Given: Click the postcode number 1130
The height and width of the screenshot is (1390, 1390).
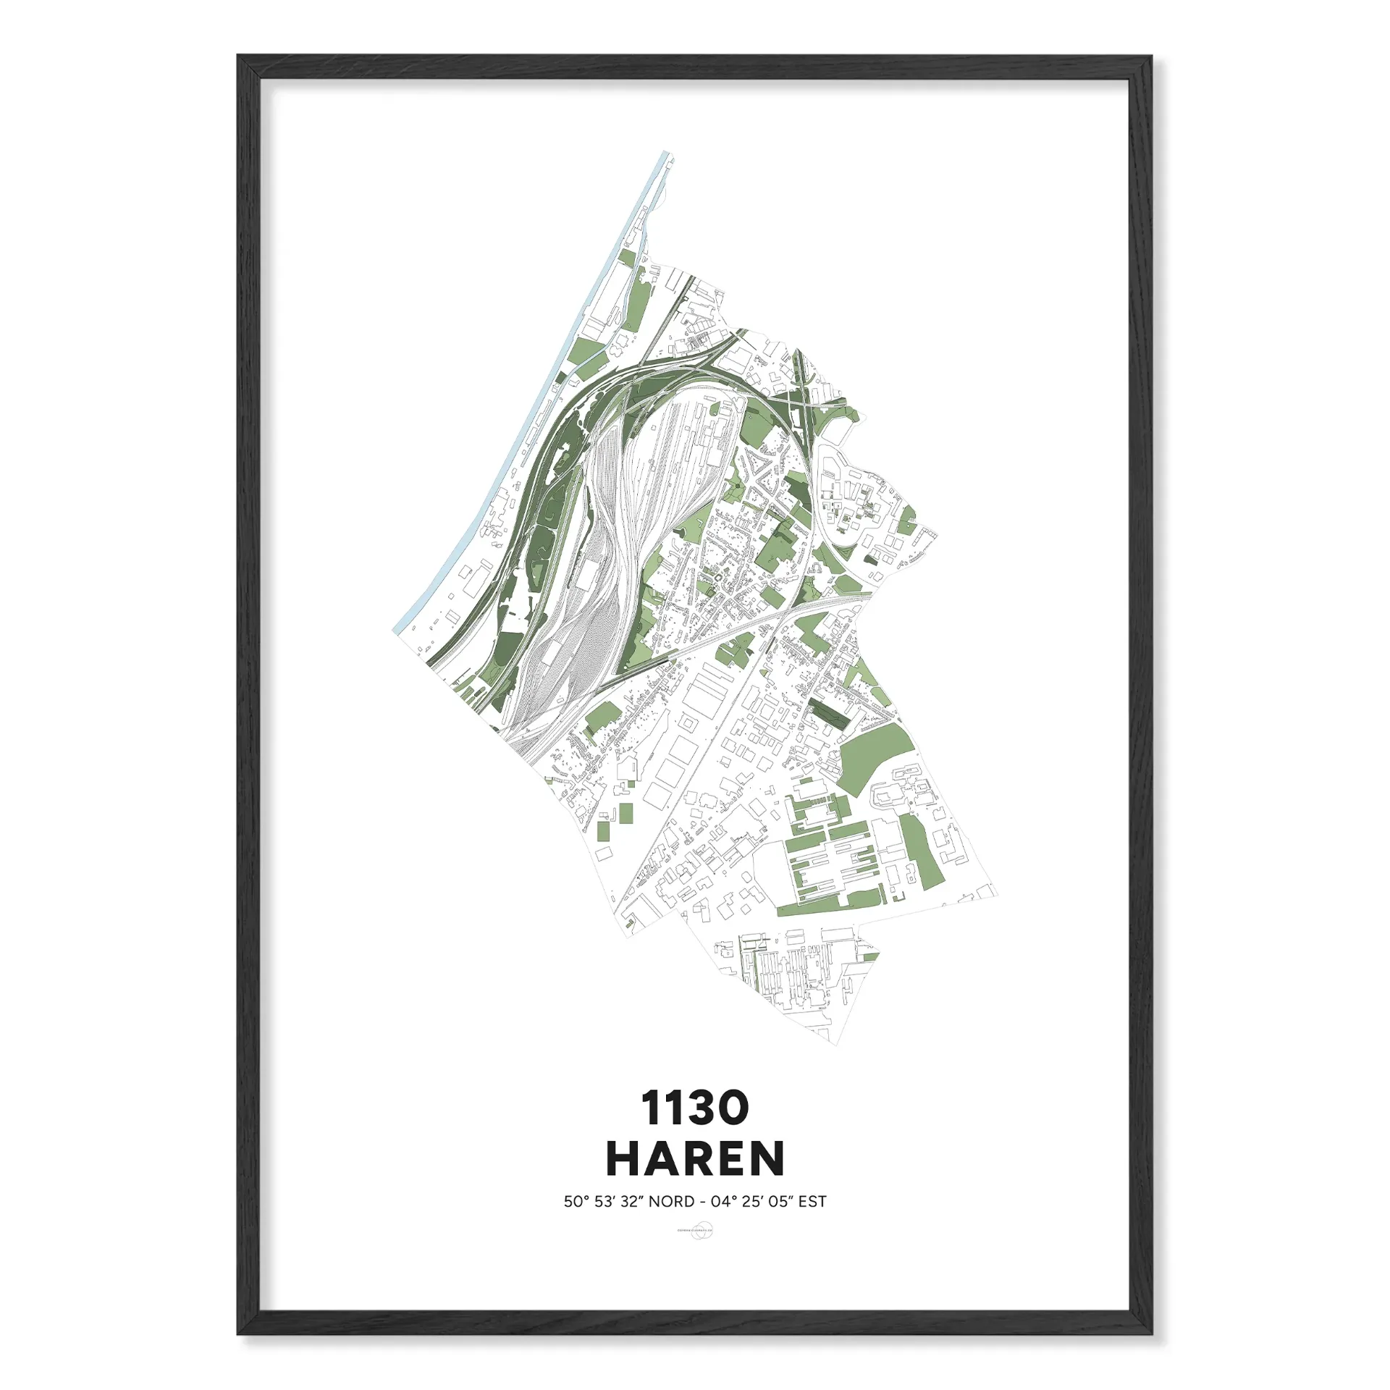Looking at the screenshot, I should (x=694, y=1108).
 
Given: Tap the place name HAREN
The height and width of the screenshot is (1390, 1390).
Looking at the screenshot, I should (x=695, y=1158).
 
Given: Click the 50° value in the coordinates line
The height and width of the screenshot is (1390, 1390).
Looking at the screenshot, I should (x=576, y=1202).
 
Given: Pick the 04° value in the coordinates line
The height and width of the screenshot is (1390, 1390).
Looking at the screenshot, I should (x=724, y=1202).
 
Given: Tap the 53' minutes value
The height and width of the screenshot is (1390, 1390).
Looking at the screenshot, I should (x=604, y=1202).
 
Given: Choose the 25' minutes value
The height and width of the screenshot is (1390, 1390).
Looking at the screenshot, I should (x=752, y=1202).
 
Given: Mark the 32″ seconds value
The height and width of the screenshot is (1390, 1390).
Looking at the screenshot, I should (x=631, y=1202).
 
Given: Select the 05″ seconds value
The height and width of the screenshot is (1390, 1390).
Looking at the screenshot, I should (x=781, y=1202).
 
